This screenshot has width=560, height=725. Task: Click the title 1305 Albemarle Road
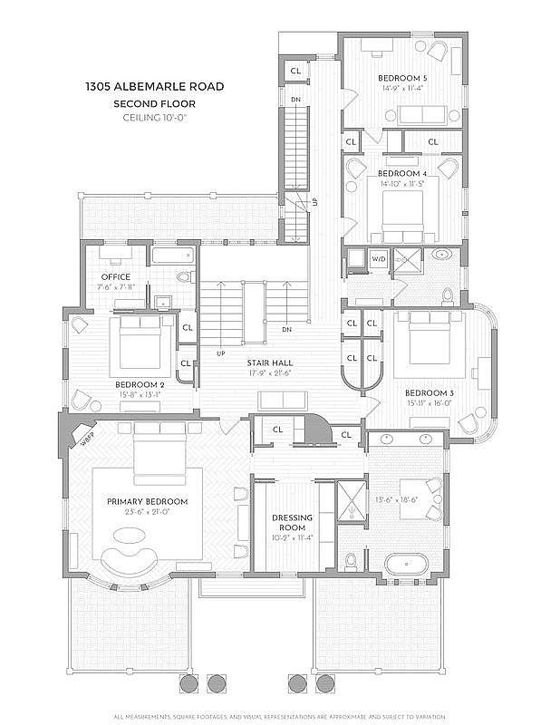point(154,87)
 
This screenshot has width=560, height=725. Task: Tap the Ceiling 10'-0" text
point(154,117)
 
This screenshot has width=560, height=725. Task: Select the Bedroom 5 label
point(402,79)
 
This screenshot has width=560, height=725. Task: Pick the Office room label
point(116,277)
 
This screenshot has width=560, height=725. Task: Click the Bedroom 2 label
point(140,384)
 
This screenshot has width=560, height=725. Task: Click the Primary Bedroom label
point(147,501)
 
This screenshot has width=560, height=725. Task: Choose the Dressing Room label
point(292,524)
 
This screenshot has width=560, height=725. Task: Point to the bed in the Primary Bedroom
point(160,457)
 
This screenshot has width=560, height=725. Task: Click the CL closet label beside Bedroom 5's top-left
point(295,71)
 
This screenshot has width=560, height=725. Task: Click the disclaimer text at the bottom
point(280,719)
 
